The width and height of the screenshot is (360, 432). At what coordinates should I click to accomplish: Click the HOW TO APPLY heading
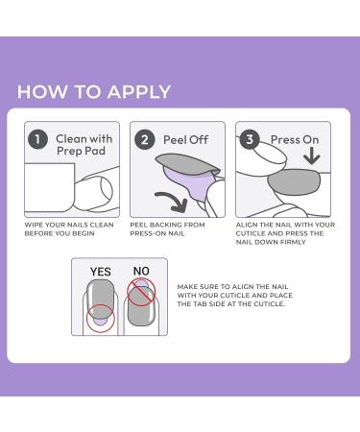[94, 92]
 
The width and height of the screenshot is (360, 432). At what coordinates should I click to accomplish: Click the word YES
[100, 272]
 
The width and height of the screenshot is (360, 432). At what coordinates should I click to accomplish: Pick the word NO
[139, 272]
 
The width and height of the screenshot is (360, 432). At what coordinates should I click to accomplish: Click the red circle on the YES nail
[99, 318]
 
